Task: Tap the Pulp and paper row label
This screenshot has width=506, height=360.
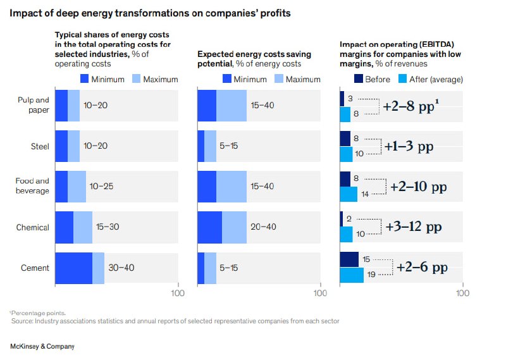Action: pyautogui.click(x=34, y=104)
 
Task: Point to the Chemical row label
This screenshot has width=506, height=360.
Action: pyautogui.click(x=33, y=227)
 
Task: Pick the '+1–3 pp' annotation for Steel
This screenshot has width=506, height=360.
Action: pyautogui.click(x=409, y=146)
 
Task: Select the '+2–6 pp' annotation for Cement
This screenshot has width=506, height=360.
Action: pyautogui.click(x=422, y=268)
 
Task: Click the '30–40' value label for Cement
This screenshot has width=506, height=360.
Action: pyautogui.click(x=121, y=268)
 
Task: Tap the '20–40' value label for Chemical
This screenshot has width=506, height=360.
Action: pyautogui.click(x=263, y=227)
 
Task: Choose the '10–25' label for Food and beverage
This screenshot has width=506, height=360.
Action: pyautogui.click(x=102, y=187)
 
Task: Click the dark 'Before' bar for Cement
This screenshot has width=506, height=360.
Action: pyautogui.click(x=349, y=259)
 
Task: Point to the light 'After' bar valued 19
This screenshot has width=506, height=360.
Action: pyautogui.click(x=352, y=275)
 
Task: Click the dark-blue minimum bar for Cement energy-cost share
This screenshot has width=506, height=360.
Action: pyautogui.click(x=74, y=268)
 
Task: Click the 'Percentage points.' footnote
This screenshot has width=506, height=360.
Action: pyautogui.click(x=38, y=313)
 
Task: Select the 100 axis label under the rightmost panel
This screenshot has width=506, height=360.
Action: pyautogui.click(x=463, y=294)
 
